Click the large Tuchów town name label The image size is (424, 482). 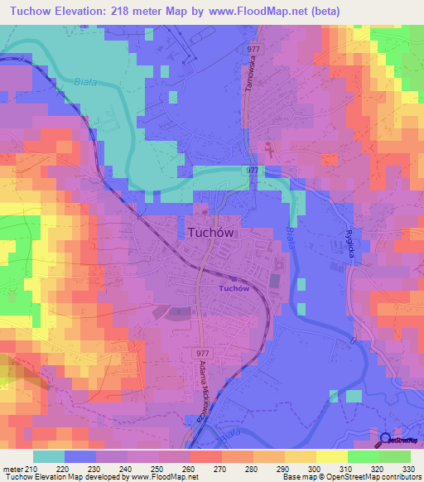[206, 234]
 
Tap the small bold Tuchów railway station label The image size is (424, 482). [234, 288]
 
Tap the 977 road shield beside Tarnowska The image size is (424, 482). [253, 49]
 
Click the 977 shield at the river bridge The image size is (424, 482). [253, 169]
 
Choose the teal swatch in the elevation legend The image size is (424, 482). [49, 456]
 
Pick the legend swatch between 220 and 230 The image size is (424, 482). [80, 456]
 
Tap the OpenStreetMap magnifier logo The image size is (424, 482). [386, 440]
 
